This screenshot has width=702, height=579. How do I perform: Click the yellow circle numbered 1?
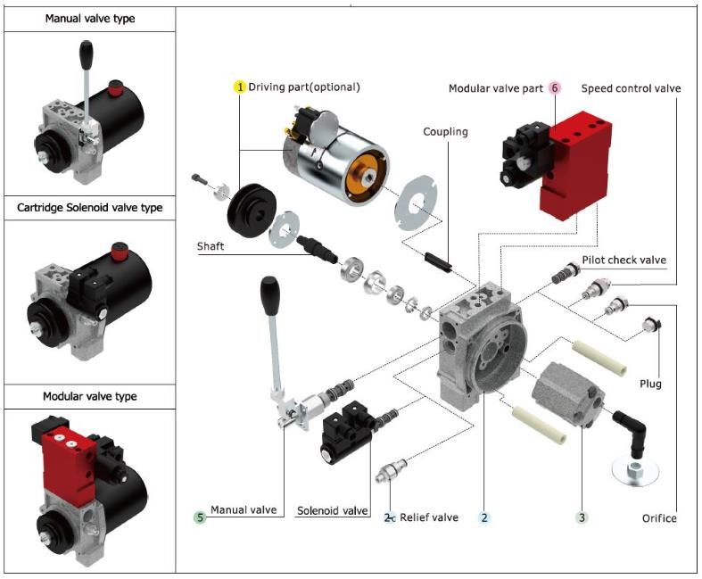(x=239, y=87)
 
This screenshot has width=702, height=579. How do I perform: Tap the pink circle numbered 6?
(x=555, y=88)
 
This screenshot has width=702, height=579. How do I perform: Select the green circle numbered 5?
(x=201, y=517)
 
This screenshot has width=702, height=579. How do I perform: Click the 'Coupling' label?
(x=446, y=132)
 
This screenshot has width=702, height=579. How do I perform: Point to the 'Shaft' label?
(x=211, y=246)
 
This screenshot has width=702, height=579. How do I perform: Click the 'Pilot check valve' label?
(x=624, y=261)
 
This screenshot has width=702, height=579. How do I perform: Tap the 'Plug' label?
(x=650, y=385)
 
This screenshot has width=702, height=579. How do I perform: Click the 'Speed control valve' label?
(x=631, y=88)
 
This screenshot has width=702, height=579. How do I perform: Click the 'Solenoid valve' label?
(x=333, y=510)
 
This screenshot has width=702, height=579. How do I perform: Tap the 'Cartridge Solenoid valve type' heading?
(x=89, y=208)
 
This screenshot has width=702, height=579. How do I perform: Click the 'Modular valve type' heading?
(x=89, y=396)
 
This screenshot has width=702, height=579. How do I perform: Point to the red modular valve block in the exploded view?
(x=576, y=161)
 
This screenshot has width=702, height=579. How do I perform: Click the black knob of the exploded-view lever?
(x=268, y=294)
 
